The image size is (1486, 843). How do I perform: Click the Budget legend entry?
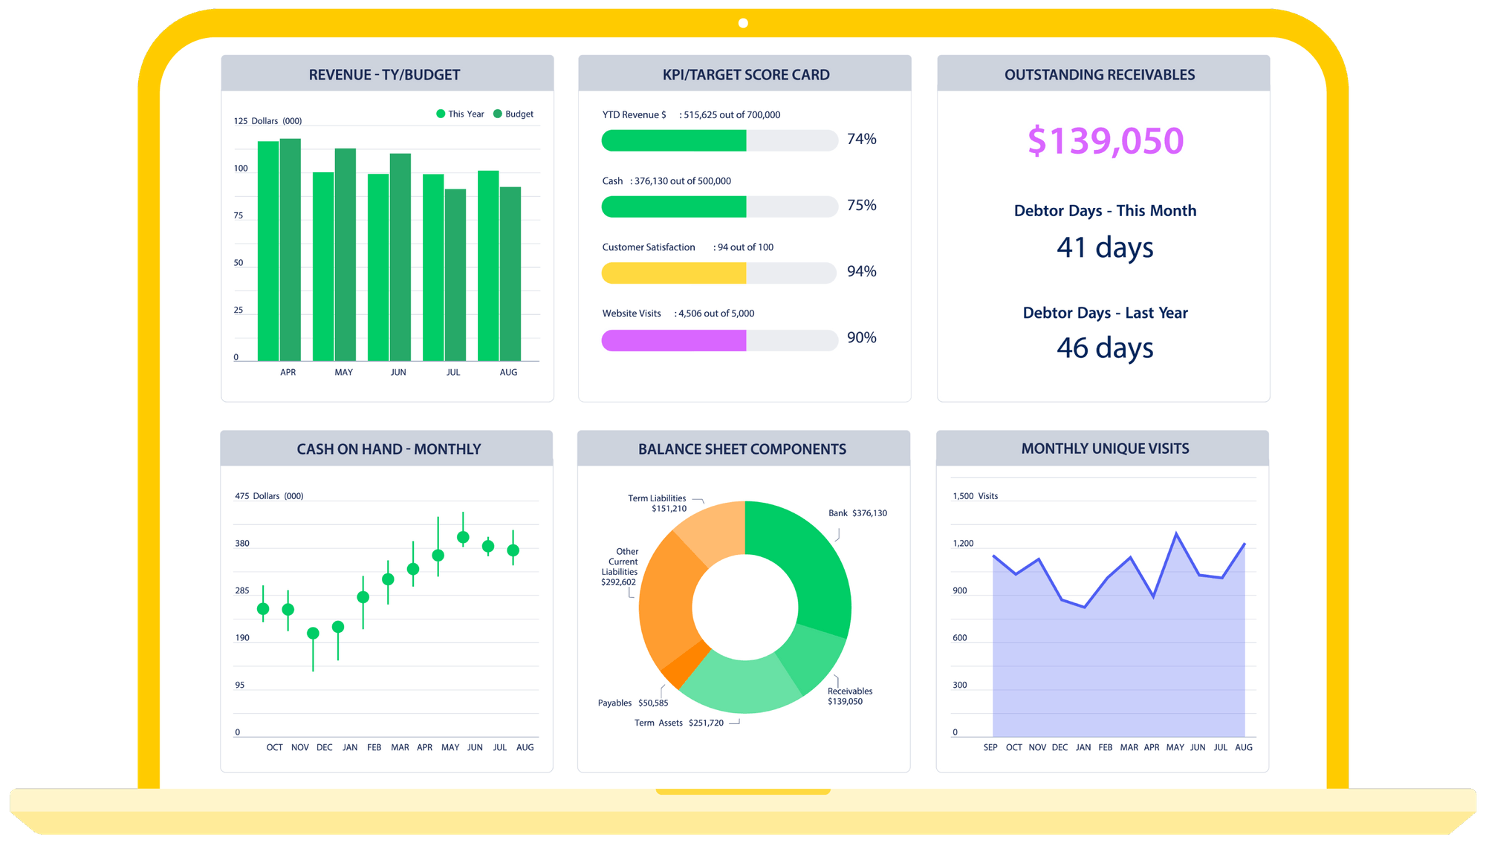coord(513,114)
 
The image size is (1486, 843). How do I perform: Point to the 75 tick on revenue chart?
coord(239,215)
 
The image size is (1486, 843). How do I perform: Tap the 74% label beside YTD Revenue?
coord(861,140)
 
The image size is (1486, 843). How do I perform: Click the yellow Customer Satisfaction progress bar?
coord(673,273)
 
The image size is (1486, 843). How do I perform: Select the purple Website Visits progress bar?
coord(673,340)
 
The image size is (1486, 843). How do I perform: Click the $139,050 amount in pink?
coord(1105,141)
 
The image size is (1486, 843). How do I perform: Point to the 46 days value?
coord(1105,348)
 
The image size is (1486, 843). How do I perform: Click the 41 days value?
coord(1105,247)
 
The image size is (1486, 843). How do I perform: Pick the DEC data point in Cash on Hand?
coord(313,633)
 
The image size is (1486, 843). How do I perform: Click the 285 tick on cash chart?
coord(242,590)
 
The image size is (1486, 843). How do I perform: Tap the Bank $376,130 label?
coord(857,513)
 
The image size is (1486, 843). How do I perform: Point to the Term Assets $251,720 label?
coord(679,723)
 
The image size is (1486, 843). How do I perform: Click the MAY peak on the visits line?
coord(1175,533)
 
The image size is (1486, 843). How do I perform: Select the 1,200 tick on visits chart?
coord(963,544)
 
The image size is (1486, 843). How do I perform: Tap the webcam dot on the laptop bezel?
coord(743,23)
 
